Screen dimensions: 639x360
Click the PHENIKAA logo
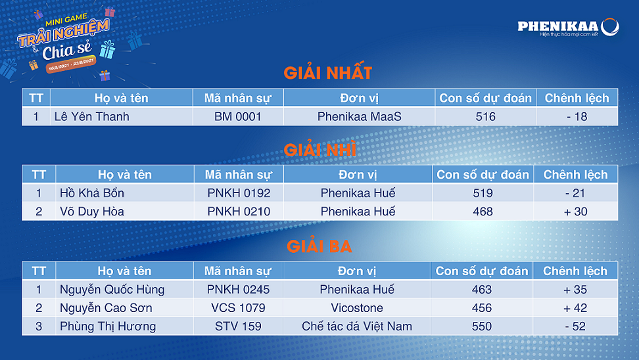568,27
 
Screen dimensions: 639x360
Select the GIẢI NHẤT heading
327,73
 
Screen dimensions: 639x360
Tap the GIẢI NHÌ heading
320,150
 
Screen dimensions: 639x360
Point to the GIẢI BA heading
319,246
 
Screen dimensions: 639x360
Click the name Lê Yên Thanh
91,116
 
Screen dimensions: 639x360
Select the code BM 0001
237,116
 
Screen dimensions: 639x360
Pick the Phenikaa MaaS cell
359,116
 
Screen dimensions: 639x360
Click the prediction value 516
485,116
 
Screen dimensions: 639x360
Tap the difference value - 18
577,116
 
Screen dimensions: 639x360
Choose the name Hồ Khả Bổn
91,192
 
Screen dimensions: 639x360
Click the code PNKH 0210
239,212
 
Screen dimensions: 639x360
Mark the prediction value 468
483,212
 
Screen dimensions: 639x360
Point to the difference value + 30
575,212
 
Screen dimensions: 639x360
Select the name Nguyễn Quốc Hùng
112,290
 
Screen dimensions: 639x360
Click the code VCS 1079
238,308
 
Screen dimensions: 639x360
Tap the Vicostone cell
357,308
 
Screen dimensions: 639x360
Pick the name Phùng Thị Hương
108,326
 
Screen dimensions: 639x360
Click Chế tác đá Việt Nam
357,326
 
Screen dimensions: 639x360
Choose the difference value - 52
575,326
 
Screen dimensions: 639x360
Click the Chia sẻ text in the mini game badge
67,51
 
